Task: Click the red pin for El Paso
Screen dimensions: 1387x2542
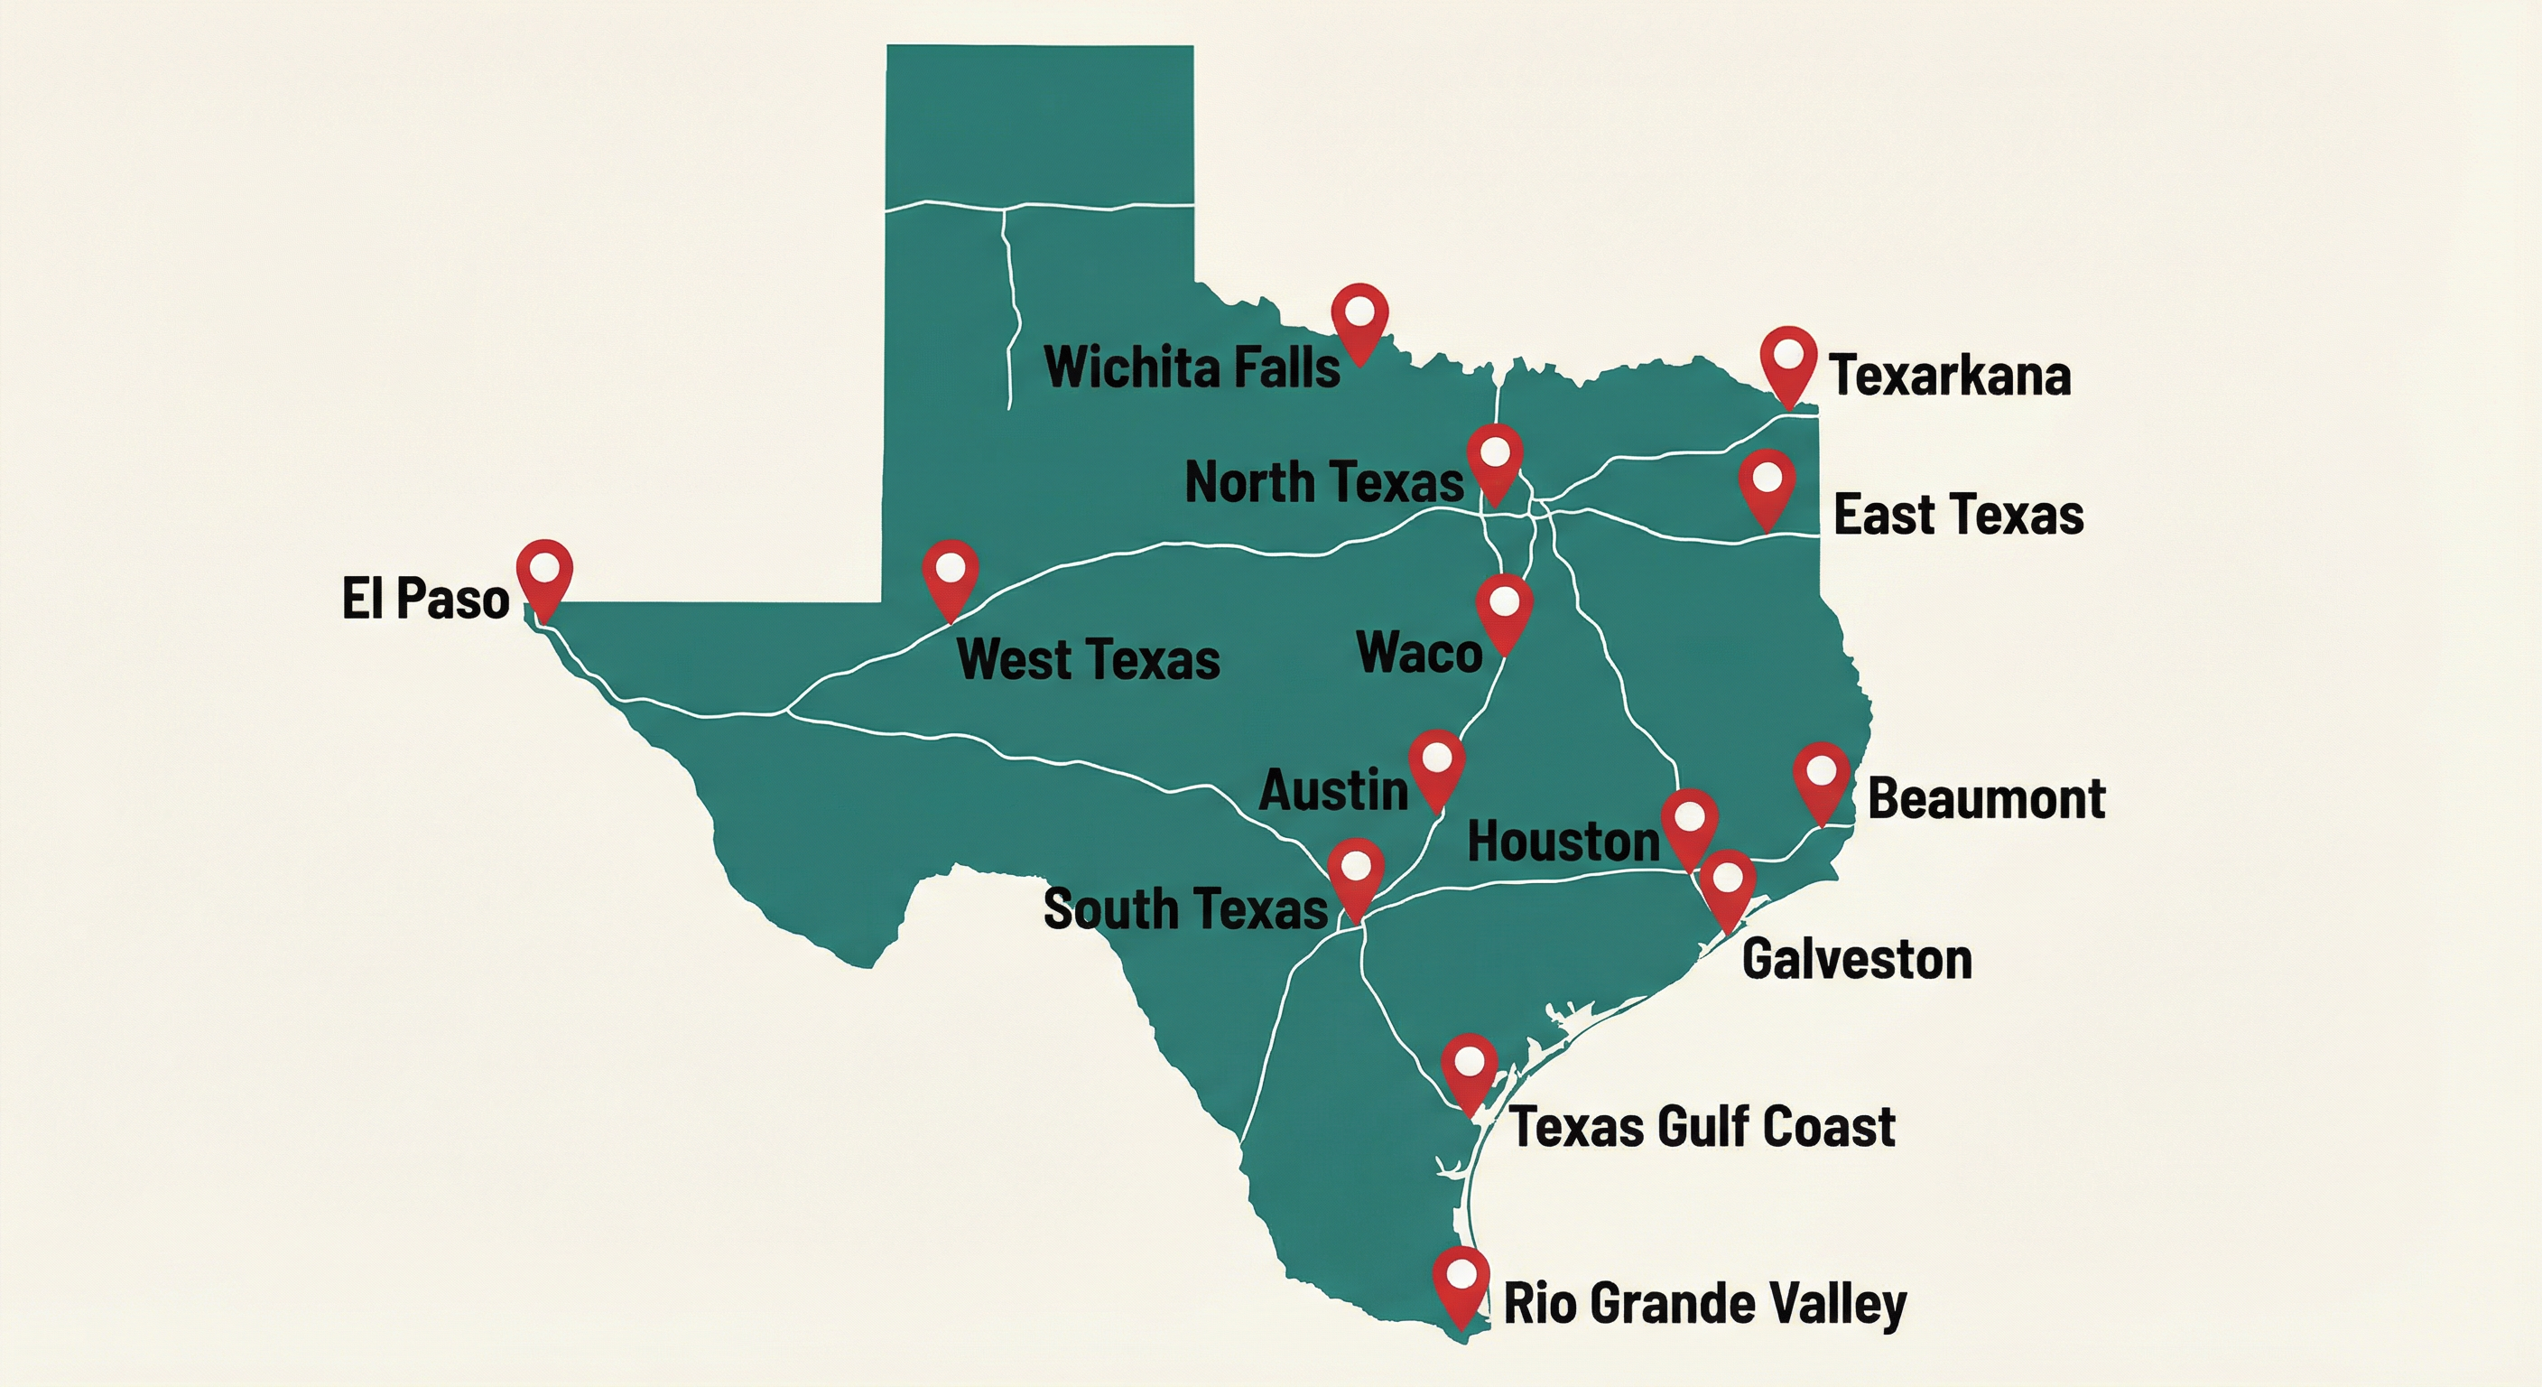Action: (x=544, y=572)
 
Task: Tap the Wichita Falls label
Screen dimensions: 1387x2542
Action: (x=1192, y=368)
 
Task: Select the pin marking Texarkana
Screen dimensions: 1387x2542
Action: (x=1788, y=359)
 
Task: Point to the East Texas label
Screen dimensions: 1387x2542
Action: (x=1958, y=516)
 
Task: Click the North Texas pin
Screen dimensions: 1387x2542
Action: (x=1495, y=458)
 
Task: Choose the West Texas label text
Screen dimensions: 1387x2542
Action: (x=1089, y=659)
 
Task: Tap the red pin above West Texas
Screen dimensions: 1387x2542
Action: (x=951, y=572)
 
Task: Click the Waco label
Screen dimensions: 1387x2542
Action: (x=1419, y=653)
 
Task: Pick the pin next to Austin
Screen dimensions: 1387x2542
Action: (x=1436, y=764)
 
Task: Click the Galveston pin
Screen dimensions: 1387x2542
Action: (x=1727, y=882)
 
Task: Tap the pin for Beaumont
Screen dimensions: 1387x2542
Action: (x=1821, y=776)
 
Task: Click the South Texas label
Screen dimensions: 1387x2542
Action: (x=1185, y=908)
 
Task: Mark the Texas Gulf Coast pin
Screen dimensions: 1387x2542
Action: (x=1470, y=1067)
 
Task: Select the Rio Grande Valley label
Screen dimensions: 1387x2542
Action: (x=1704, y=1304)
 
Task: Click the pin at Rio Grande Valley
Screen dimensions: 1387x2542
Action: (x=1461, y=1280)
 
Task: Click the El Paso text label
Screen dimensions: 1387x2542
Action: (x=425, y=600)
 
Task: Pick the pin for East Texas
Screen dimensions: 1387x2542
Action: (x=1767, y=483)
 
